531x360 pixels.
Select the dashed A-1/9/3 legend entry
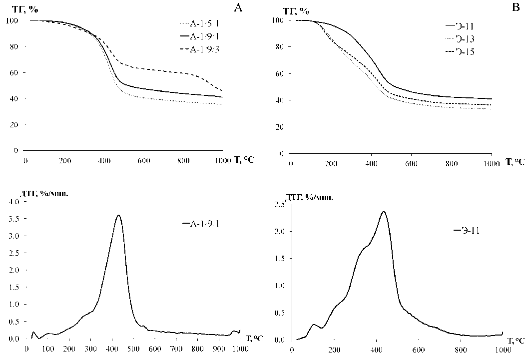pyautogui.click(x=200, y=48)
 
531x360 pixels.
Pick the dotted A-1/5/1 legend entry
pyautogui.click(x=200, y=23)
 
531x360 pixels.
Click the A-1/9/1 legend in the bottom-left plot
pyautogui.click(x=201, y=224)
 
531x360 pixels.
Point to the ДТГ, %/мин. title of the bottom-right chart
pyautogui.click(x=309, y=198)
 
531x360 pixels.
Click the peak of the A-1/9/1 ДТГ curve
pyautogui.click(x=118, y=215)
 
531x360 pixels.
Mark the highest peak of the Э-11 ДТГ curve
pyautogui.click(x=384, y=211)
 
